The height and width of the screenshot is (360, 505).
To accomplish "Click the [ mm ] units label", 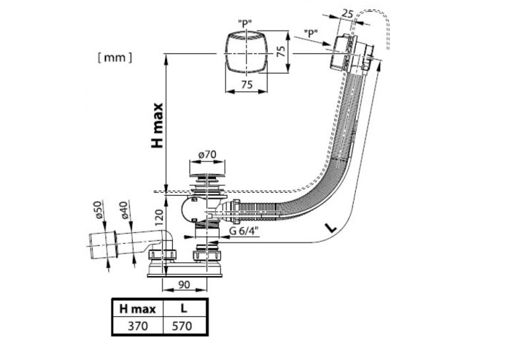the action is coord(115,58).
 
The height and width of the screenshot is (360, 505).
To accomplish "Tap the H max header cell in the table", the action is coord(137,309).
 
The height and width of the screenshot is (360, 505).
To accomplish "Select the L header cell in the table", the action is coord(184,308).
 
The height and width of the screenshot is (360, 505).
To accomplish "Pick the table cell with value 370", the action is coord(137,326).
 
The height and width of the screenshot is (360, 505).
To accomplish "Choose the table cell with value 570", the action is coord(184,326).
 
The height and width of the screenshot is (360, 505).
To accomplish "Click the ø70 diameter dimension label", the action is coord(207,155).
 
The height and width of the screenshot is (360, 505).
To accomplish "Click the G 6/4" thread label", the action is coord(244,231).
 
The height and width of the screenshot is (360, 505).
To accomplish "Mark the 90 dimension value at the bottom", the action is coord(184,285).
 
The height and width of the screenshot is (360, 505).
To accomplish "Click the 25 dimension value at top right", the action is coord(347,14).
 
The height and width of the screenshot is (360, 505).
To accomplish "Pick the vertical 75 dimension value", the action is coord(281,52).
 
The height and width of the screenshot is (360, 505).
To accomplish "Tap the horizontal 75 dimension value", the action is coord(247,85).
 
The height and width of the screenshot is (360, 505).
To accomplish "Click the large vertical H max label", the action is coord(158,126).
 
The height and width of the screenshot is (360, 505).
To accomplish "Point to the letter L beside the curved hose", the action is coord(331,228).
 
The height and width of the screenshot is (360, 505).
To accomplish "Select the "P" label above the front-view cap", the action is coord(245,24).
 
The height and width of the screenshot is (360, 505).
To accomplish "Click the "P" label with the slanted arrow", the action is coord(311,32).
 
